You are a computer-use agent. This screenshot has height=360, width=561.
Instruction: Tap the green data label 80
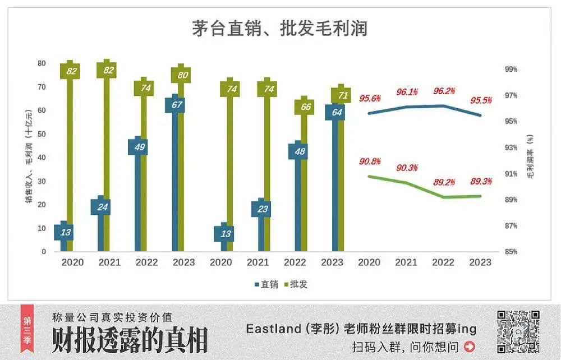coord(181,75)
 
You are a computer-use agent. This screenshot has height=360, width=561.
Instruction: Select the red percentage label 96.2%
coord(443,91)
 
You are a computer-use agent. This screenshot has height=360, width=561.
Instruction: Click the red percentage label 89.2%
coord(443,182)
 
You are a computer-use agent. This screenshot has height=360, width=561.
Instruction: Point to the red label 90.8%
coord(370,161)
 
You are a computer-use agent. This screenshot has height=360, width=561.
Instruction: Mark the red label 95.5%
coord(481,101)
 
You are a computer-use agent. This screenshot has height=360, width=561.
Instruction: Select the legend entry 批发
coord(296,284)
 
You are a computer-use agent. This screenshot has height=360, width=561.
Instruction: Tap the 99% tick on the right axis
coord(511,69)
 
